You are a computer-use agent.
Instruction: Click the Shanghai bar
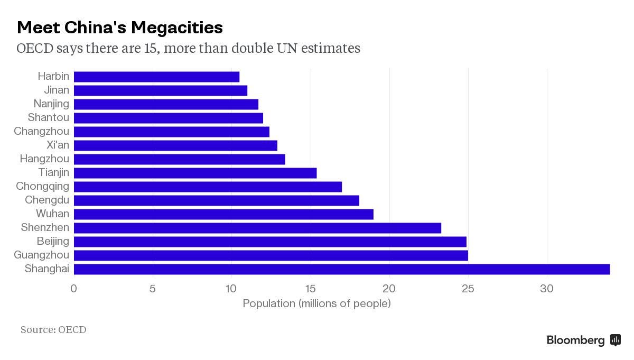pyautogui.click(x=341, y=269)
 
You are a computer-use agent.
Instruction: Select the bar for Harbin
pyautogui.click(x=156, y=77)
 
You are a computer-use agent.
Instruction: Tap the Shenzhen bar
pyautogui.click(x=257, y=228)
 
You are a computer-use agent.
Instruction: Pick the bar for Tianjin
pyautogui.click(x=195, y=173)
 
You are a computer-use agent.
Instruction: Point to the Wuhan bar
pyautogui.click(x=223, y=214)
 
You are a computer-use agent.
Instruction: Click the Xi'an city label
pyautogui.click(x=58, y=145)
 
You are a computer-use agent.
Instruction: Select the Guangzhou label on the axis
pyautogui.click(x=41, y=255)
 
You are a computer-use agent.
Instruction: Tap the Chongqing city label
pyautogui.click(x=42, y=187)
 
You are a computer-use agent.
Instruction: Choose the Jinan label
pyautogui.click(x=56, y=90)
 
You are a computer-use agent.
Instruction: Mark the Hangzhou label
pyautogui.click(x=44, y=159)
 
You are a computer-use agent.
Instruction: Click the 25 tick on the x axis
pyautogui.click(x=468, y=289)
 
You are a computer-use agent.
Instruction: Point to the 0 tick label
pyautogui.click(x=74, y=289)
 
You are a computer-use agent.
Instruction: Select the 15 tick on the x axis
pyautogui.click(x=311, y=289)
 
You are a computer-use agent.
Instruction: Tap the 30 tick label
pyautogui.click(x=547, y=289)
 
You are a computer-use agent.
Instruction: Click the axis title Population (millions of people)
pyautogui.click(x=316, y=303)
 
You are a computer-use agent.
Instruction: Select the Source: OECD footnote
pyautogui.click(x=53, y=330)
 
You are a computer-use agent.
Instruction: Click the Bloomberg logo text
pyautogui.click(x=575, y=340)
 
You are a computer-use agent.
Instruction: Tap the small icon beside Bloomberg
pyautogui.click(x=615, y=340)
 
